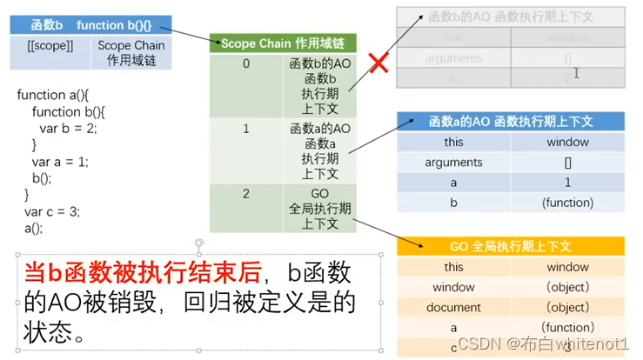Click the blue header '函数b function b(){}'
pos(90,25)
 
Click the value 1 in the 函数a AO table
pos(566,183)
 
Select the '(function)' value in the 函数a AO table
pos(566,203)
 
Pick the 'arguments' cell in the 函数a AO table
pos(453,163)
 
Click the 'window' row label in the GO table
pos(453,287)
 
